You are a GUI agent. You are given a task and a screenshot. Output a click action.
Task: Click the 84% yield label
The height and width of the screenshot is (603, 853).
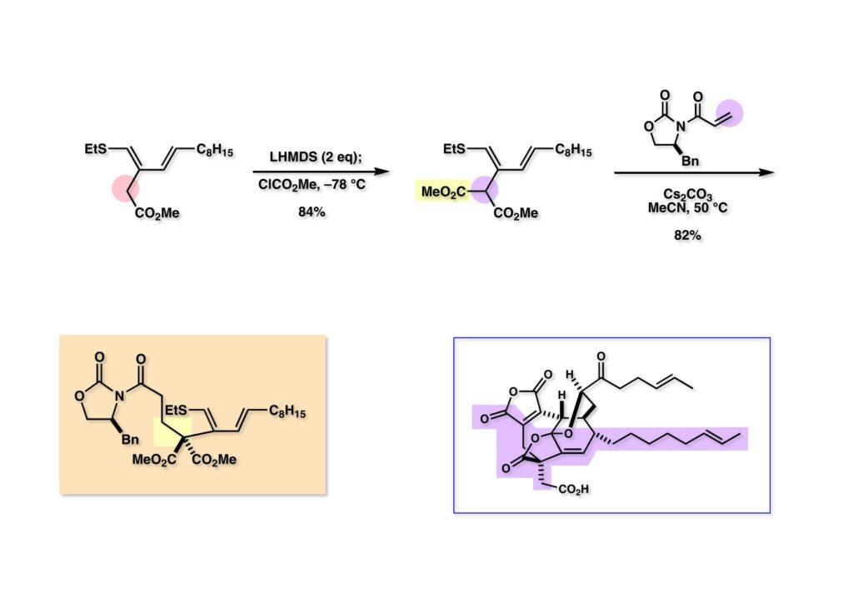click(313, 213)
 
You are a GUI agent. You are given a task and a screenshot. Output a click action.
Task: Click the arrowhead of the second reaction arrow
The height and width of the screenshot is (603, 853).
click(768, 172)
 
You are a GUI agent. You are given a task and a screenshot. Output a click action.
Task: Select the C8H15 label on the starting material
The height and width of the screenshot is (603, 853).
click(215, 150)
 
